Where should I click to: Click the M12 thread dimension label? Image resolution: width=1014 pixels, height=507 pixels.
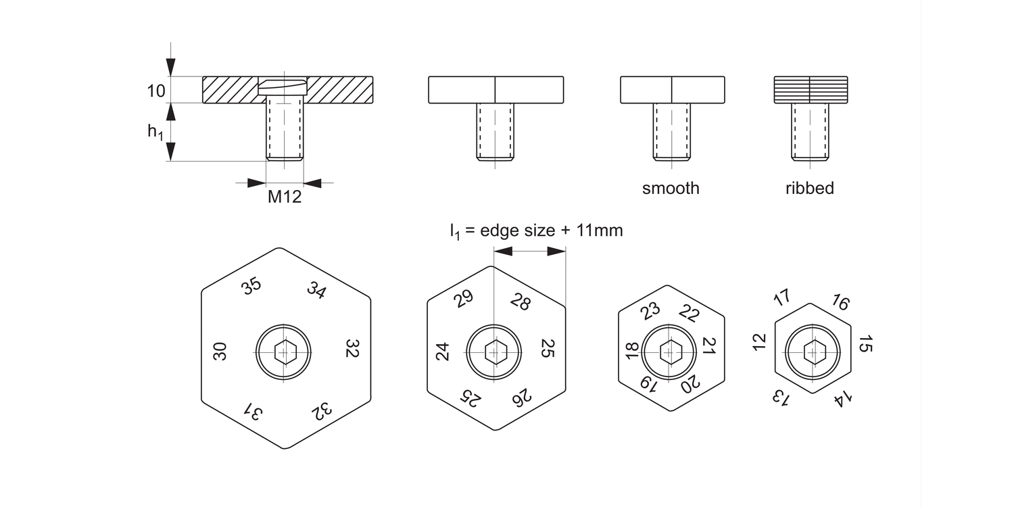285,197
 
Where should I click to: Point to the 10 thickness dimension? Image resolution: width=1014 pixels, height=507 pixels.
156,91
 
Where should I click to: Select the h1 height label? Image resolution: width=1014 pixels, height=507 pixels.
155,132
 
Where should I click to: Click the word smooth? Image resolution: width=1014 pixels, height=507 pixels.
671,188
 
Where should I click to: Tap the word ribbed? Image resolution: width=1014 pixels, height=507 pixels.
809,188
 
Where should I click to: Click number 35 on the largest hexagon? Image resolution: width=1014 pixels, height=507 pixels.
251,287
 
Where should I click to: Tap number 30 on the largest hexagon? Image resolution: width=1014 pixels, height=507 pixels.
220,351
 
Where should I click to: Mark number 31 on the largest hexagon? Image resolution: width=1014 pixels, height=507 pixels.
251,411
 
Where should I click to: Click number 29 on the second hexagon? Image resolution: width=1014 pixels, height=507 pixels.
464,299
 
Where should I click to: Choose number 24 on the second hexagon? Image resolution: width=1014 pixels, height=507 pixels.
442,352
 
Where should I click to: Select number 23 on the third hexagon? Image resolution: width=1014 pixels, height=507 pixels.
650,311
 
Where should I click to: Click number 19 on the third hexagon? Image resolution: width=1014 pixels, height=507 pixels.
648,384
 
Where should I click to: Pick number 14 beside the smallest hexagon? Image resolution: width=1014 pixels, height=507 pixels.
842,398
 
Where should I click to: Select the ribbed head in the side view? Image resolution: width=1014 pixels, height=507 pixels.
810,90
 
